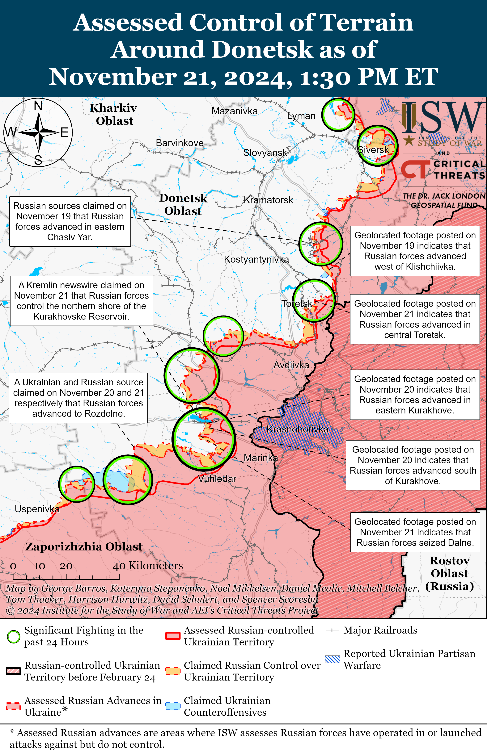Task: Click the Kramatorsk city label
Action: [268, 200]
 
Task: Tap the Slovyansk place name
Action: [265, 153]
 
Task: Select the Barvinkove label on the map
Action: [180, 143]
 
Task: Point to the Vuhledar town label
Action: [217, 479]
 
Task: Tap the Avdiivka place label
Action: [291, 365]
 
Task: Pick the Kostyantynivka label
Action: [256, 259]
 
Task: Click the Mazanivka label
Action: [234, 111]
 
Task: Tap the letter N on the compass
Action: [38, 106]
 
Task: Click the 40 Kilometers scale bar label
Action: [148, 566]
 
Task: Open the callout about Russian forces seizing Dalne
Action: [415, 532]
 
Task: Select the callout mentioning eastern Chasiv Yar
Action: [70, 221]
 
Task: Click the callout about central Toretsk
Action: [415, 319]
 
